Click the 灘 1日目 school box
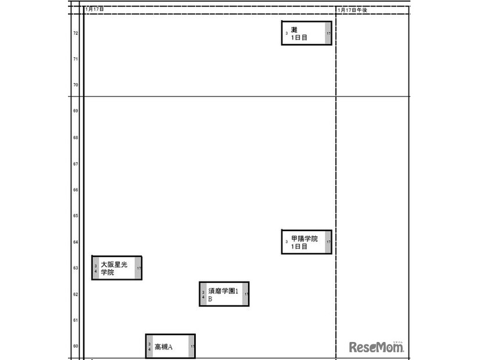coord(306,33)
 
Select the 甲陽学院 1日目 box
coord(306,242)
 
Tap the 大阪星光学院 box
coord(116,268)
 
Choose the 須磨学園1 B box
coord(224,294)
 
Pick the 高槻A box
coord(170,346)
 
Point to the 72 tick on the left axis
coord(76,33)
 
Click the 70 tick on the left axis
coord(76,85)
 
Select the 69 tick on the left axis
coord(76,110)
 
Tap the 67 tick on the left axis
coord(76,164)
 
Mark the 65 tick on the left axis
coord(76,215)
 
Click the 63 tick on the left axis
coord(76,268)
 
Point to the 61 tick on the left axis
coord(76,320)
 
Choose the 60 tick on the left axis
coord(76,346)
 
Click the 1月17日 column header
coord(95,9)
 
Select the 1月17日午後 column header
coord(352,10)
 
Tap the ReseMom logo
coord(377,347)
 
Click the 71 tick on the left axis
coord(76,59)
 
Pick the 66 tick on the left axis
coord(76,190)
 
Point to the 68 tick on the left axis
coord(76,138)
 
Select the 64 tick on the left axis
coord(76,242)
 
